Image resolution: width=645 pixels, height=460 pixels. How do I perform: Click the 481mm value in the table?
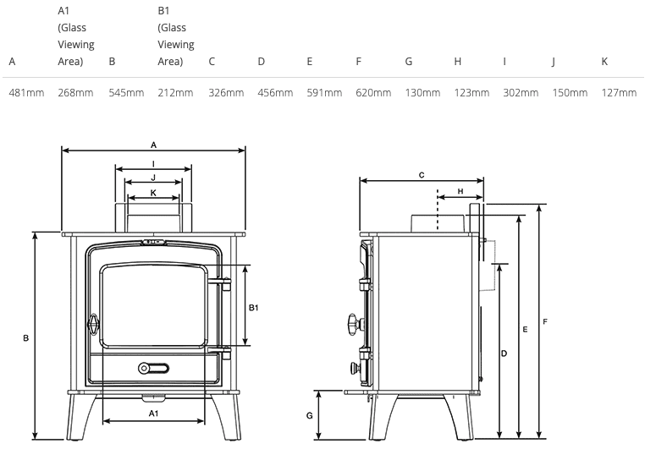click(x=26, y=93)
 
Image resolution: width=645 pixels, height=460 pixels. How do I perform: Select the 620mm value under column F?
click(x=373, y=93)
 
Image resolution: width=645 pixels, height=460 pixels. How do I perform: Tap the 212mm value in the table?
click(x=175, y=93)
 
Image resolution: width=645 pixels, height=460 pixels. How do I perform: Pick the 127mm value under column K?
click(x=619, y=93)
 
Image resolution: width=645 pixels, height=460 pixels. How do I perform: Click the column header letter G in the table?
click(x=409, y=62)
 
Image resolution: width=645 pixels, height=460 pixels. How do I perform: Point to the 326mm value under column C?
click(x=226, y=93)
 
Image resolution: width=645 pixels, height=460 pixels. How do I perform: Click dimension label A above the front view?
click(x=153, y=145)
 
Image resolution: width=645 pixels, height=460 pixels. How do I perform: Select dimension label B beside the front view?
click(x=25, y=338)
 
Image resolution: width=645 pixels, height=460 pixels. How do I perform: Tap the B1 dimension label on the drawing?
click(x=253, y=308)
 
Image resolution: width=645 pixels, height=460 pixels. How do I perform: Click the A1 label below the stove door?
click(x=153, y=413)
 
